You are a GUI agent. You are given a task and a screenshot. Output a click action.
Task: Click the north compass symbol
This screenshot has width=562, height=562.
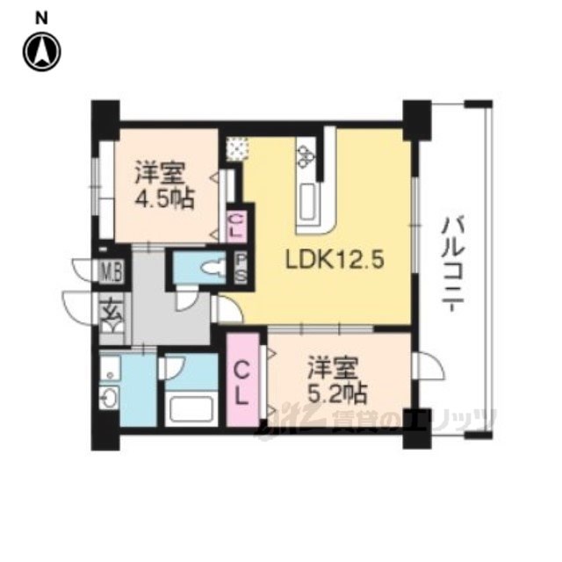click(42, 52)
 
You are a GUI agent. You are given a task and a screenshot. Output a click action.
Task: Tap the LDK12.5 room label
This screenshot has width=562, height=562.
click(335, 260)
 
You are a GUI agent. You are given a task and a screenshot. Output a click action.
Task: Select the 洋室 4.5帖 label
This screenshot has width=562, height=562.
click(164, 185)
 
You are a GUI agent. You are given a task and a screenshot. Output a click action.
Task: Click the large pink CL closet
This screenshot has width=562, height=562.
click(242, 380)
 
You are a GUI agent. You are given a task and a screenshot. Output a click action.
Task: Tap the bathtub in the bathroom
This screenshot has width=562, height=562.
click(192, 408)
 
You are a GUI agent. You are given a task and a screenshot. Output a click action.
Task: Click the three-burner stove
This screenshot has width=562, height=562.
click(306, 156)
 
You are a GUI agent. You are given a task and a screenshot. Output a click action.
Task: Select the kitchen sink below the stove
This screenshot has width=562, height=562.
click(308, 202)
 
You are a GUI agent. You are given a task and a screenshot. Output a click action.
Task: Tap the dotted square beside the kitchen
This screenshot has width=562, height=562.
click(237, 148)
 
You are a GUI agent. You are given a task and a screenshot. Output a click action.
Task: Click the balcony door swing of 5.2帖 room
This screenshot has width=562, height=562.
click(429, 365)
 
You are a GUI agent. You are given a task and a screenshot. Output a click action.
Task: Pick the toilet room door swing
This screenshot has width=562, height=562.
click(186, 299)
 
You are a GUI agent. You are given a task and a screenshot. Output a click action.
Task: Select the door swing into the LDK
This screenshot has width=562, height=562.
click(228, 309)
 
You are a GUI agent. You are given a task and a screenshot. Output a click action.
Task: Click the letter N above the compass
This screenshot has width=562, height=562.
click(41, 18)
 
